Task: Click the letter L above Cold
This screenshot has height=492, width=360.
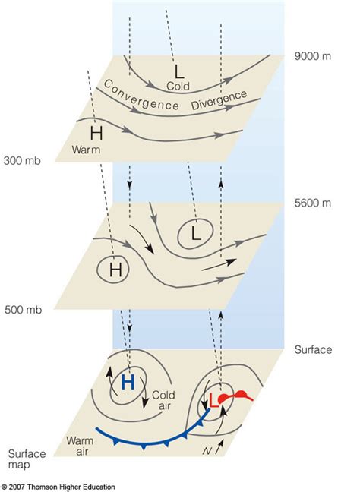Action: (178, 72)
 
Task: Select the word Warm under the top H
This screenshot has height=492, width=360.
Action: (87, 150)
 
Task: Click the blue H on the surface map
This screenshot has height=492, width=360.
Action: (128, 383)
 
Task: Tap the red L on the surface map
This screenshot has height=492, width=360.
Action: (214, 407)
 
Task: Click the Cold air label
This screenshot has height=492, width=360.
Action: (163, 400)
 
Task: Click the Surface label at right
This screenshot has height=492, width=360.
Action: (312, 350)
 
